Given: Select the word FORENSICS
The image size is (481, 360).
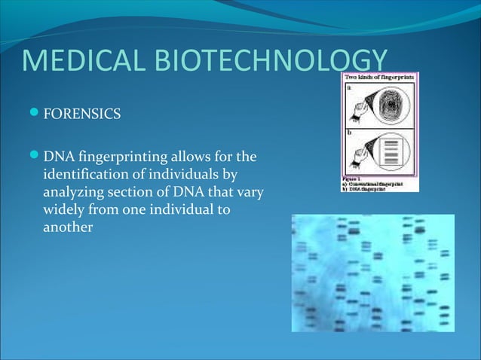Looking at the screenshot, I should (x=81, y=115).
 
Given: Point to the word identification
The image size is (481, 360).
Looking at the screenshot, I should (x=84, y=175).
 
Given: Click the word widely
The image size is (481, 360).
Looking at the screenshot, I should (x=66, y=209).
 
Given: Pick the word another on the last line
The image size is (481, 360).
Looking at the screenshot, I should (x=68, y=227).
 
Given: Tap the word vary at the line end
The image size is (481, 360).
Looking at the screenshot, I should (x=250, y=193).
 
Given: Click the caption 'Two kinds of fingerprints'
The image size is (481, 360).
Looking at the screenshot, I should (x=381, y=78).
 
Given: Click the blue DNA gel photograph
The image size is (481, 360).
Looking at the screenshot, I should (x=373, y=273).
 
